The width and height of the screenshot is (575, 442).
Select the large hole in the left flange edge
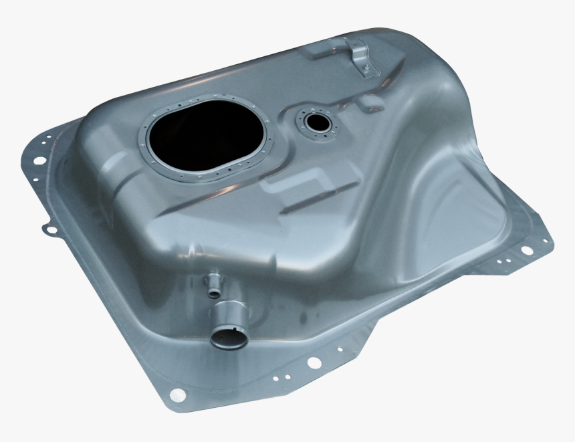pos(40,160)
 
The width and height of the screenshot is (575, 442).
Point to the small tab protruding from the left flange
pos(49,229)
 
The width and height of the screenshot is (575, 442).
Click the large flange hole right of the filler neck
pos(313,363)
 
